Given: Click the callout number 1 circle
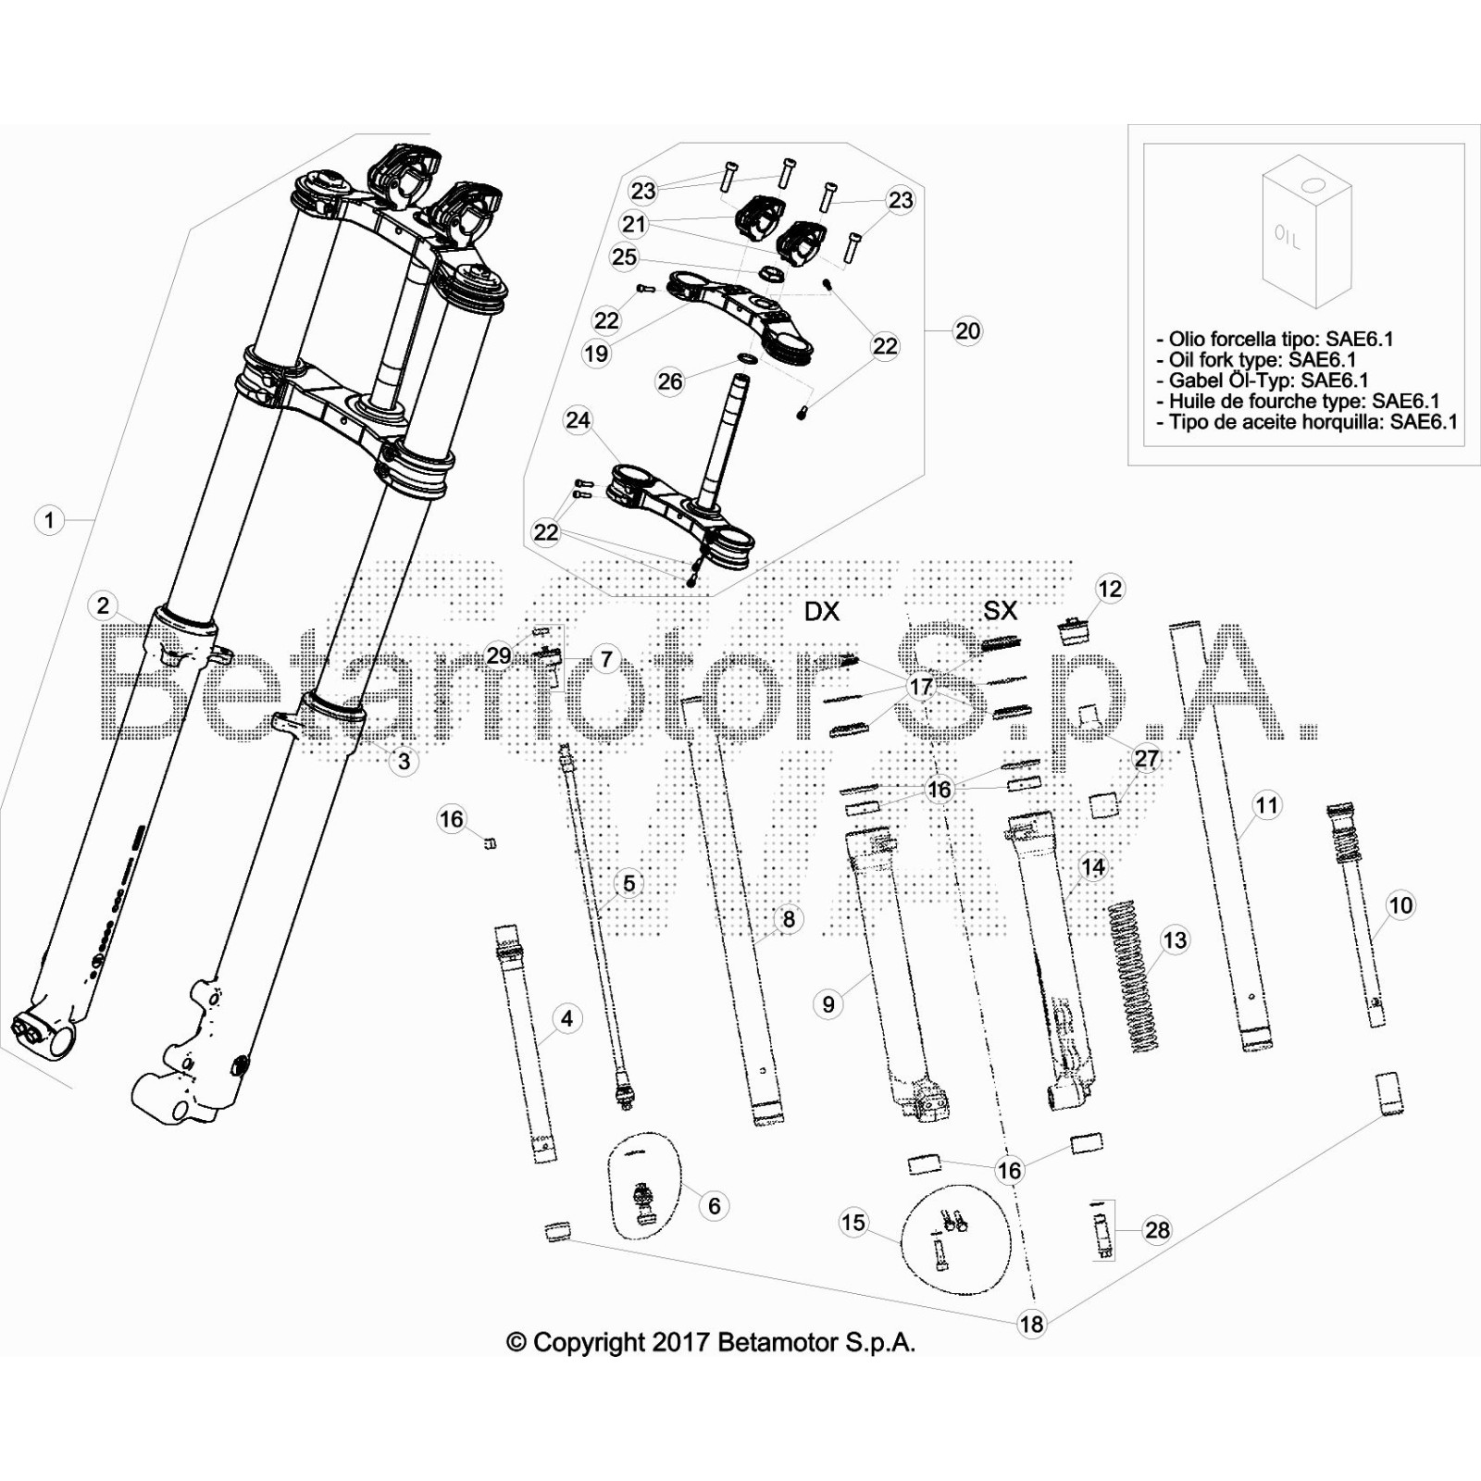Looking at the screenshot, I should [x=50, y=520].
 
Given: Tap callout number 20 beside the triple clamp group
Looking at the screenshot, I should [x=967, y=331].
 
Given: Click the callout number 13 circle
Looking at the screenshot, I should [x=1175, y=940].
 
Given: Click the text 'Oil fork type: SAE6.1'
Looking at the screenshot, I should [x=1263, y=360].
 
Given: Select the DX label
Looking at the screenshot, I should [x=822, y=611].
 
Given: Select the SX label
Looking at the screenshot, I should [x=1000, y=610].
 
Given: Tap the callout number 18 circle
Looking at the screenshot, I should [x=1031, y=1324].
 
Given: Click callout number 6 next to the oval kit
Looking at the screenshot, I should [x=714, y=1205].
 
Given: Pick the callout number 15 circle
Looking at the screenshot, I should [x=853, y=1222].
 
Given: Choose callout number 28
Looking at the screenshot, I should [x=1157, y=1230].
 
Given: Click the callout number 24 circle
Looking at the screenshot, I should [x=578, y=420].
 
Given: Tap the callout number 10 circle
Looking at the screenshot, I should [x=1401, y=905].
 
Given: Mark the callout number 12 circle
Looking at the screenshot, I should [x=1110, y=589].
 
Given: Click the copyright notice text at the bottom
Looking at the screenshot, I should [x=711, y=1342].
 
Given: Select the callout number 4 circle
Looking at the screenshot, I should [x=567, y=1019].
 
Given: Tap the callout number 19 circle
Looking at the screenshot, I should [x=596, y=353].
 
